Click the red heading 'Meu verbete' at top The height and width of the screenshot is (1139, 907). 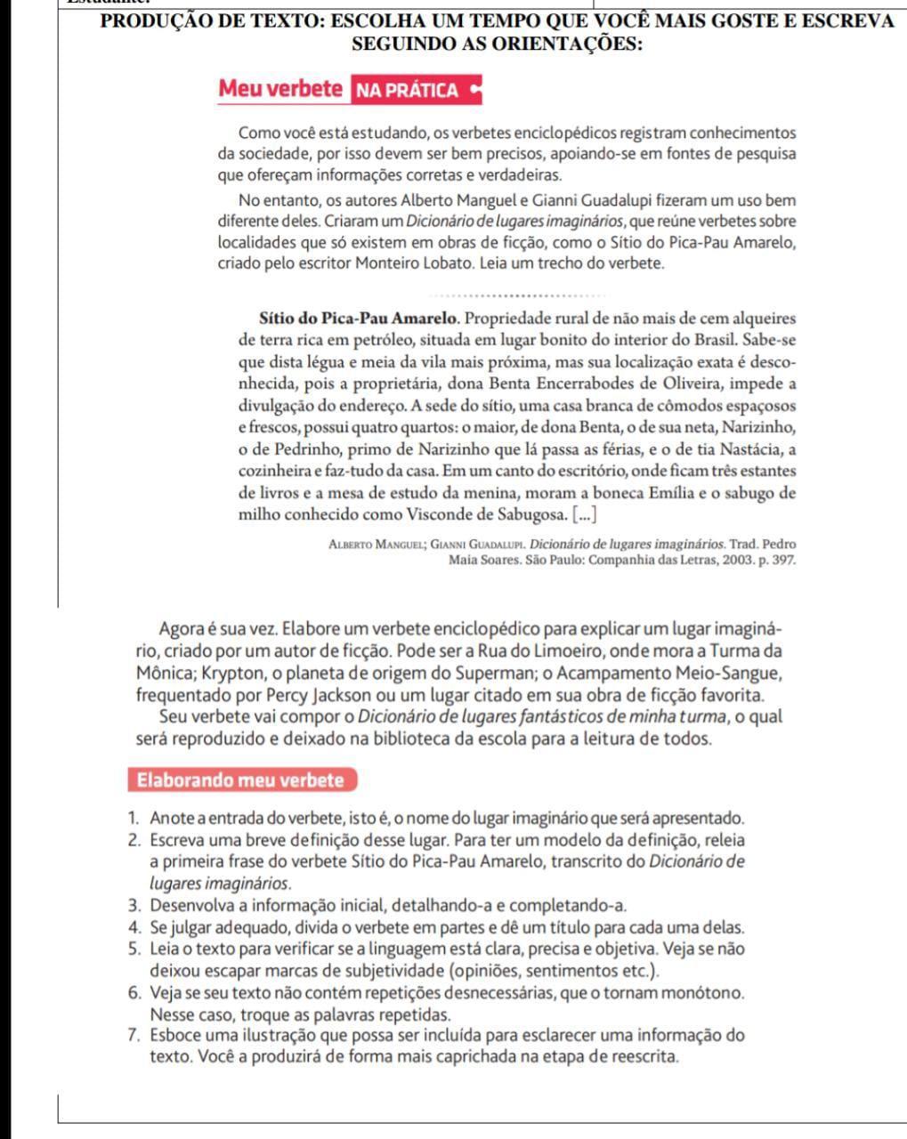pyautogui.click(x=280, y=89)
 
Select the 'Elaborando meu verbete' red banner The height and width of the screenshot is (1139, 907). pyautogui.click(x=239, y=780)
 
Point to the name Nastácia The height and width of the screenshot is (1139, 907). pyautogui.click(x=748, y=449)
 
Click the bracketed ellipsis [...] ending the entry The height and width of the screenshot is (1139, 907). pyautogui.click(x=584, y=514)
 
